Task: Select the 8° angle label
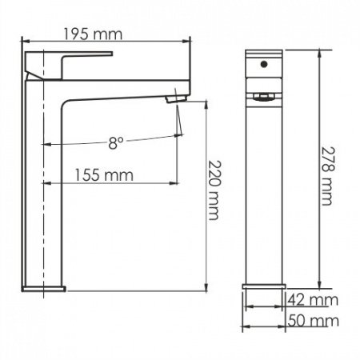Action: [x=117, y=143]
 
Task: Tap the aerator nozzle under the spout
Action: [x=170, y=97]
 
